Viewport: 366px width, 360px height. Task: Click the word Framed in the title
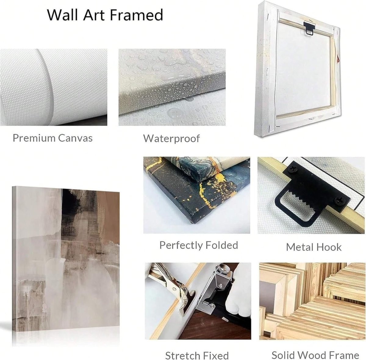[136, 15]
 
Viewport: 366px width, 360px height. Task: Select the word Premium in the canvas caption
[34, 138]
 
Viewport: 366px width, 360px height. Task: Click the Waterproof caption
[171, 139]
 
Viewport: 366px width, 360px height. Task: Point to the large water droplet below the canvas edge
[174, 113]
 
